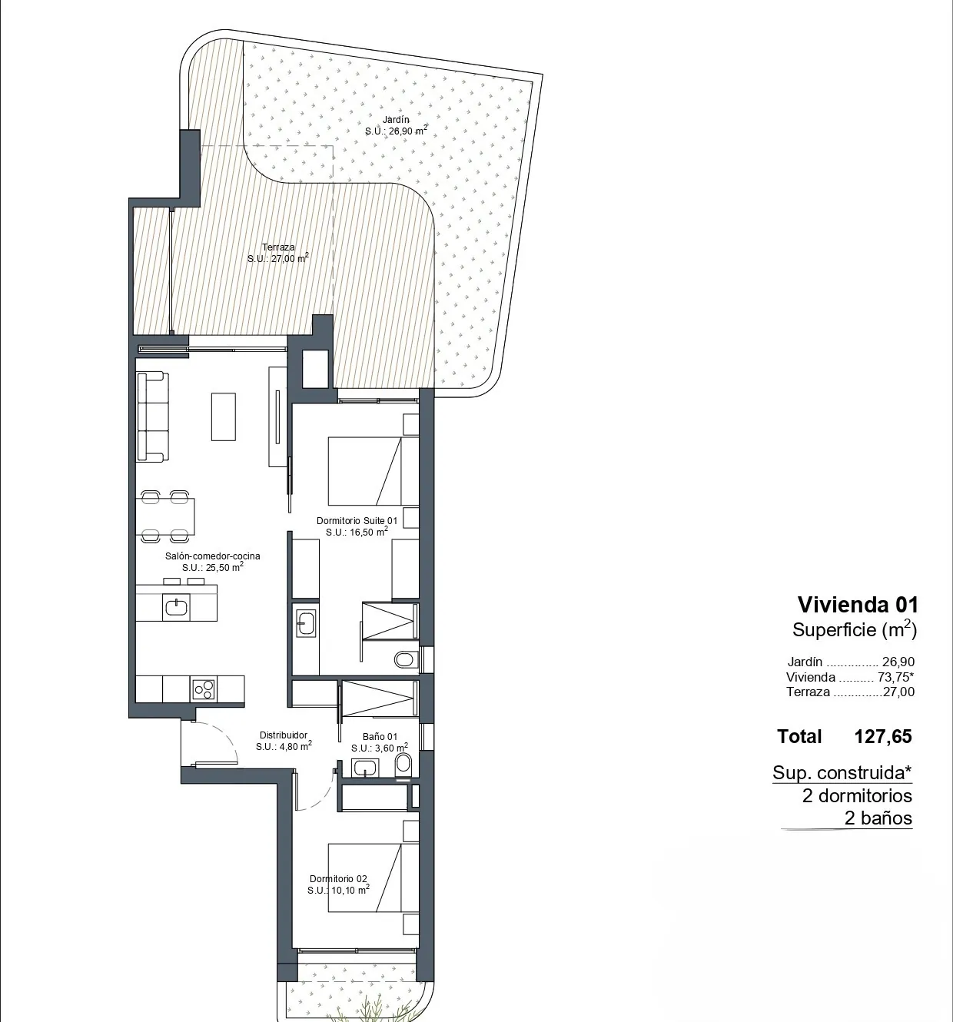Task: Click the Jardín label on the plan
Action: [x=395, y=120]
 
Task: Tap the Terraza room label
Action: [x=278, y=247]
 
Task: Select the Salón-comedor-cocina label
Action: [x=213, y=556]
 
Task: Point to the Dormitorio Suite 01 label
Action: [x=357, y=521]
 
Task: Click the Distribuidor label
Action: [x=283, y=735]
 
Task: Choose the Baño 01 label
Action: [x=380, y=736]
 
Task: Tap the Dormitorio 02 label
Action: [x=338, y=879]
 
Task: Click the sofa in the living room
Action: [x=152, y=416]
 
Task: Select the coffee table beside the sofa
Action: [x=224, y=416]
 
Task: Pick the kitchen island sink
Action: [x=176, y=607]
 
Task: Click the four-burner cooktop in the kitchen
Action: [x=204, y=689]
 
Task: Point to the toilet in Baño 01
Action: [x=403, y=765]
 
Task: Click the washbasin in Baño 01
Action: [x=365, y=768]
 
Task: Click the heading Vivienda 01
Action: [x=858, y=605]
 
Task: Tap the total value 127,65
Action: [x=883, y=736]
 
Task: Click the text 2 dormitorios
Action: [x=857, y=795]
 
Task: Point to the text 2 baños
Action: [x=878, y=818]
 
